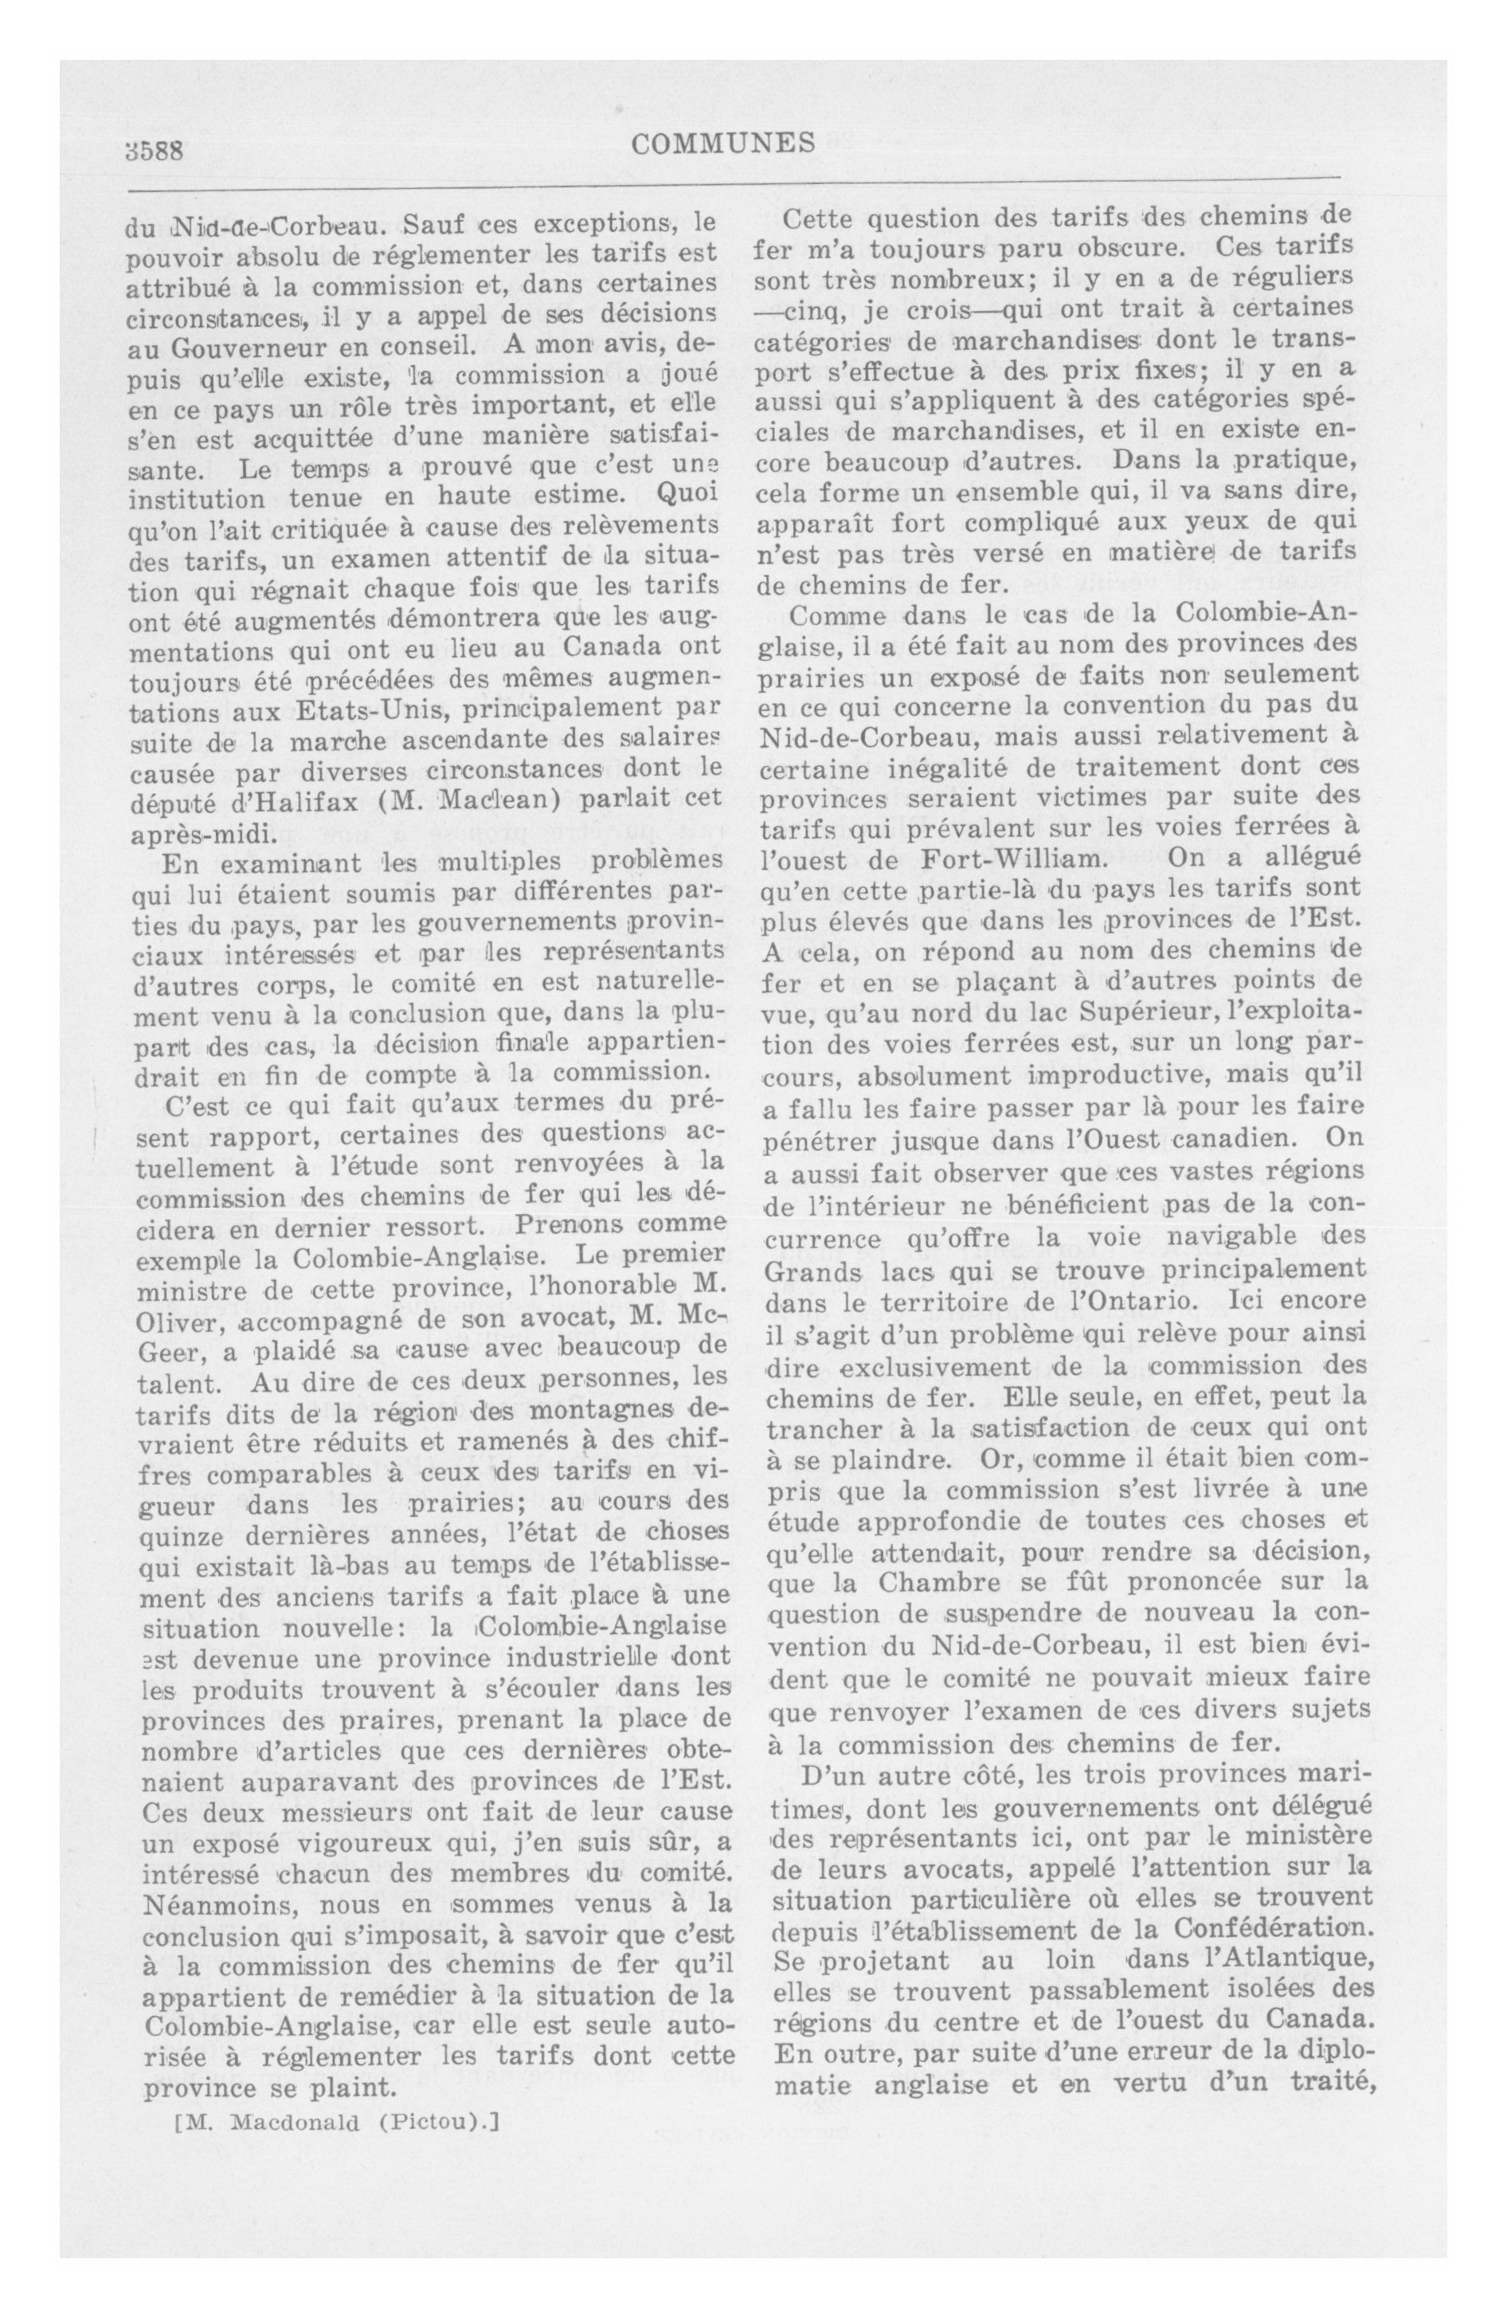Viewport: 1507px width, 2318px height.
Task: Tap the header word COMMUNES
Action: [722, 144]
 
